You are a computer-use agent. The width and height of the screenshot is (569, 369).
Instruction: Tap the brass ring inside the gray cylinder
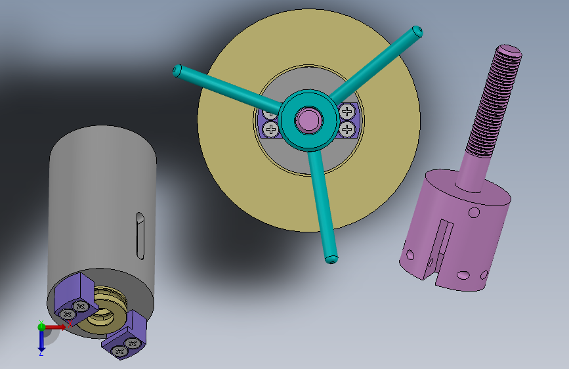click(105, 315)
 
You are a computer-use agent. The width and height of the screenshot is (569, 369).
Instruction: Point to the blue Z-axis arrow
click(41, 340)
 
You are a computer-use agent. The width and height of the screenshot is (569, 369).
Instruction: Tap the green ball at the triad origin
click(41, 326)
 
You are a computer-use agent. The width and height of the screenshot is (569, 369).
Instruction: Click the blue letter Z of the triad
click(41, 353)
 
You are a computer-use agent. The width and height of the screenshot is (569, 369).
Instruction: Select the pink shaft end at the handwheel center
click(306, 120)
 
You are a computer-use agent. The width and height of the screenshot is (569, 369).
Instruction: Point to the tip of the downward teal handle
click(331, 258)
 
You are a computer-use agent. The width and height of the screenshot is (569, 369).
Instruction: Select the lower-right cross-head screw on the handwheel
click(347, 129)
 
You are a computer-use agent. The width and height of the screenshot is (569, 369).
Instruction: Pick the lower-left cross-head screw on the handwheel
click(270, 129)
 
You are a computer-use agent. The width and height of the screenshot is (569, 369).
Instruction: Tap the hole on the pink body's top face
click(473, 212)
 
